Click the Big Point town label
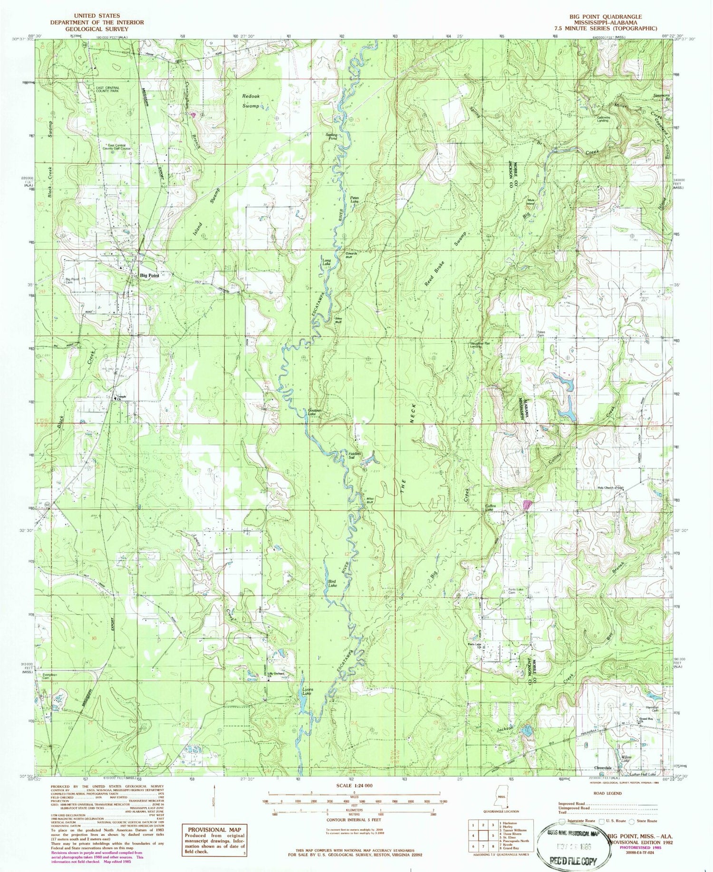point(148,275)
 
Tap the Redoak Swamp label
point(251,101)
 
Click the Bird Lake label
point(332,583)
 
